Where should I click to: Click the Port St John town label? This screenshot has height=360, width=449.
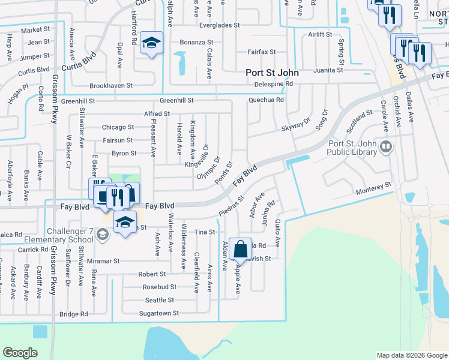(272, 73)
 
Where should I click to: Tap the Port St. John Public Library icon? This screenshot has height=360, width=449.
(387, 146)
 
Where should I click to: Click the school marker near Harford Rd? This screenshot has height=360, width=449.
(152, 43)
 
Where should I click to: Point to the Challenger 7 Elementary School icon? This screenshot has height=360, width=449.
(102, 234)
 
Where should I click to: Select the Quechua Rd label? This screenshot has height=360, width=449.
(267, 100)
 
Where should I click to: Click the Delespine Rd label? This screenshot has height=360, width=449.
(273, 84)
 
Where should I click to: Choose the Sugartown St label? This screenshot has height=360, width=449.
(158, 313)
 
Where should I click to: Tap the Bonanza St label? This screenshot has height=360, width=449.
(197, 43)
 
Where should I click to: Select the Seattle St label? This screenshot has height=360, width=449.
(159, 300)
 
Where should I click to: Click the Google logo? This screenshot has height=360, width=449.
(20, 353)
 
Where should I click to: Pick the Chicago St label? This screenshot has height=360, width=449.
(118, 127)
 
